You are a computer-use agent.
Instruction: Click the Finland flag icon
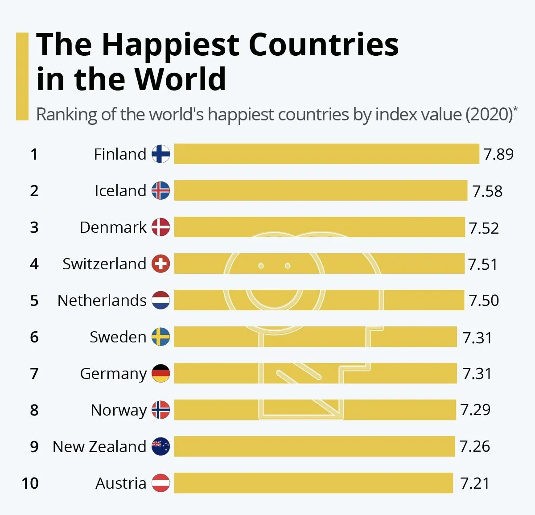pyautogui.click(x=160, y=154)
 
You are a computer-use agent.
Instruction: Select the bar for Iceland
pyautogui.click(x=321, y=190)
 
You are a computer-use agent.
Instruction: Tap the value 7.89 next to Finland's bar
pyautogui.click(x=498, y=154)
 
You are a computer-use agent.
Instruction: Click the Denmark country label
pyautogui.click(x=113, y=227)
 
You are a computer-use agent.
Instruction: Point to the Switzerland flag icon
pyautogui.click(x=160, y=264)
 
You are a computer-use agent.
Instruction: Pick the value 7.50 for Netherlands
pyautogui.click(x=484, y=301)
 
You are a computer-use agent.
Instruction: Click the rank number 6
pyautogui.click(x=34, y=337)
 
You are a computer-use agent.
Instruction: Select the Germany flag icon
pyautogui.click(x=160, y=373)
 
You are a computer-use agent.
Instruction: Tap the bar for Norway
pyautogui.click(x=315, y=410)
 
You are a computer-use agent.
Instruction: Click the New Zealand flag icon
pyautogui.click(x=160, y=446)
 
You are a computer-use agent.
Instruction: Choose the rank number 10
pyautogui.click(x=30, y=483)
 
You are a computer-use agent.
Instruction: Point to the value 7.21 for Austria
pyautogui.click(x=475, y=483)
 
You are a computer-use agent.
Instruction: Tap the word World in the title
pyautogui.click(x=180, y=79)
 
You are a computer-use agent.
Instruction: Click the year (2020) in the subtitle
pyautogui.click(x=489, y=115)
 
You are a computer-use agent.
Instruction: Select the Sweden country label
pyautogui.click(x=118, y=337)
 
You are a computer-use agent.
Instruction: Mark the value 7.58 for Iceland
pyautogui.click(x=487, y=191)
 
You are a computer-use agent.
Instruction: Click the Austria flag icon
pyautogui.click(x=160, y=483)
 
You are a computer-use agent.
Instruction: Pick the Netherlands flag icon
pyautogui.click(x=160, y=300)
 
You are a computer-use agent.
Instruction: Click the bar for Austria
pyautogui.click(x=313, y=483)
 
